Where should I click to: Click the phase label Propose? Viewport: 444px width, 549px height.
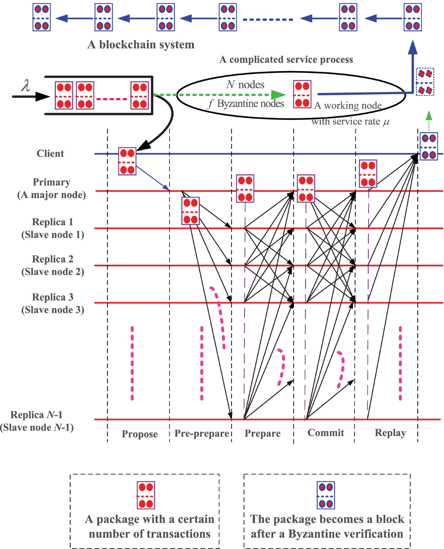(x=139, y=434)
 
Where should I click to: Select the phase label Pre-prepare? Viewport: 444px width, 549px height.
(x=202, y=433)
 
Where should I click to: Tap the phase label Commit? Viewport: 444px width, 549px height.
(x=326, y=433)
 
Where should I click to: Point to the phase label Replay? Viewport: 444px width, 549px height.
(x=390, y=433)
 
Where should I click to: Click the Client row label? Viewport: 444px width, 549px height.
(x=50, y=153)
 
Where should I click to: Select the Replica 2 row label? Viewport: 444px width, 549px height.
(x=53, y=265)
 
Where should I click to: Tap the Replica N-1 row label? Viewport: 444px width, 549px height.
(x=37, y=421)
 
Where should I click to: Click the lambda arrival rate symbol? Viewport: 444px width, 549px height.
(x=26, y=86)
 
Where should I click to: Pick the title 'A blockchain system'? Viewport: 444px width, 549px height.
(x=141, y=44)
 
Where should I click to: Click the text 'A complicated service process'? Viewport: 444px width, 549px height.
(x=286, y=60)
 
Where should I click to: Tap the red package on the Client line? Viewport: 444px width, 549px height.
(x=127, y=161)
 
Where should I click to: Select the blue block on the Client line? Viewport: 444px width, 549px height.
(x=429, y=146)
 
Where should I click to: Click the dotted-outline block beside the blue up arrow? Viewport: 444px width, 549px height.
(x=425, y=82)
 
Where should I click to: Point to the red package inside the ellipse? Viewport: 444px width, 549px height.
(x=302, y=94)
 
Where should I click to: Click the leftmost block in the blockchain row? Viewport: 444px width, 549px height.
(x=41, y=17)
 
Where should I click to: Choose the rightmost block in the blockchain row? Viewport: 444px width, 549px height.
(x=413, y=17)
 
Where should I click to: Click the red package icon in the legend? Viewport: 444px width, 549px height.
(x=146, y=495)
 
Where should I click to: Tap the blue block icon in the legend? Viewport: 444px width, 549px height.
(x=326, y=495)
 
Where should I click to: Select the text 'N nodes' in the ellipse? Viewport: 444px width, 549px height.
(x=245, y=85)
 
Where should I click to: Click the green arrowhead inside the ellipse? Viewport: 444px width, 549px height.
(x=278, y=95)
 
